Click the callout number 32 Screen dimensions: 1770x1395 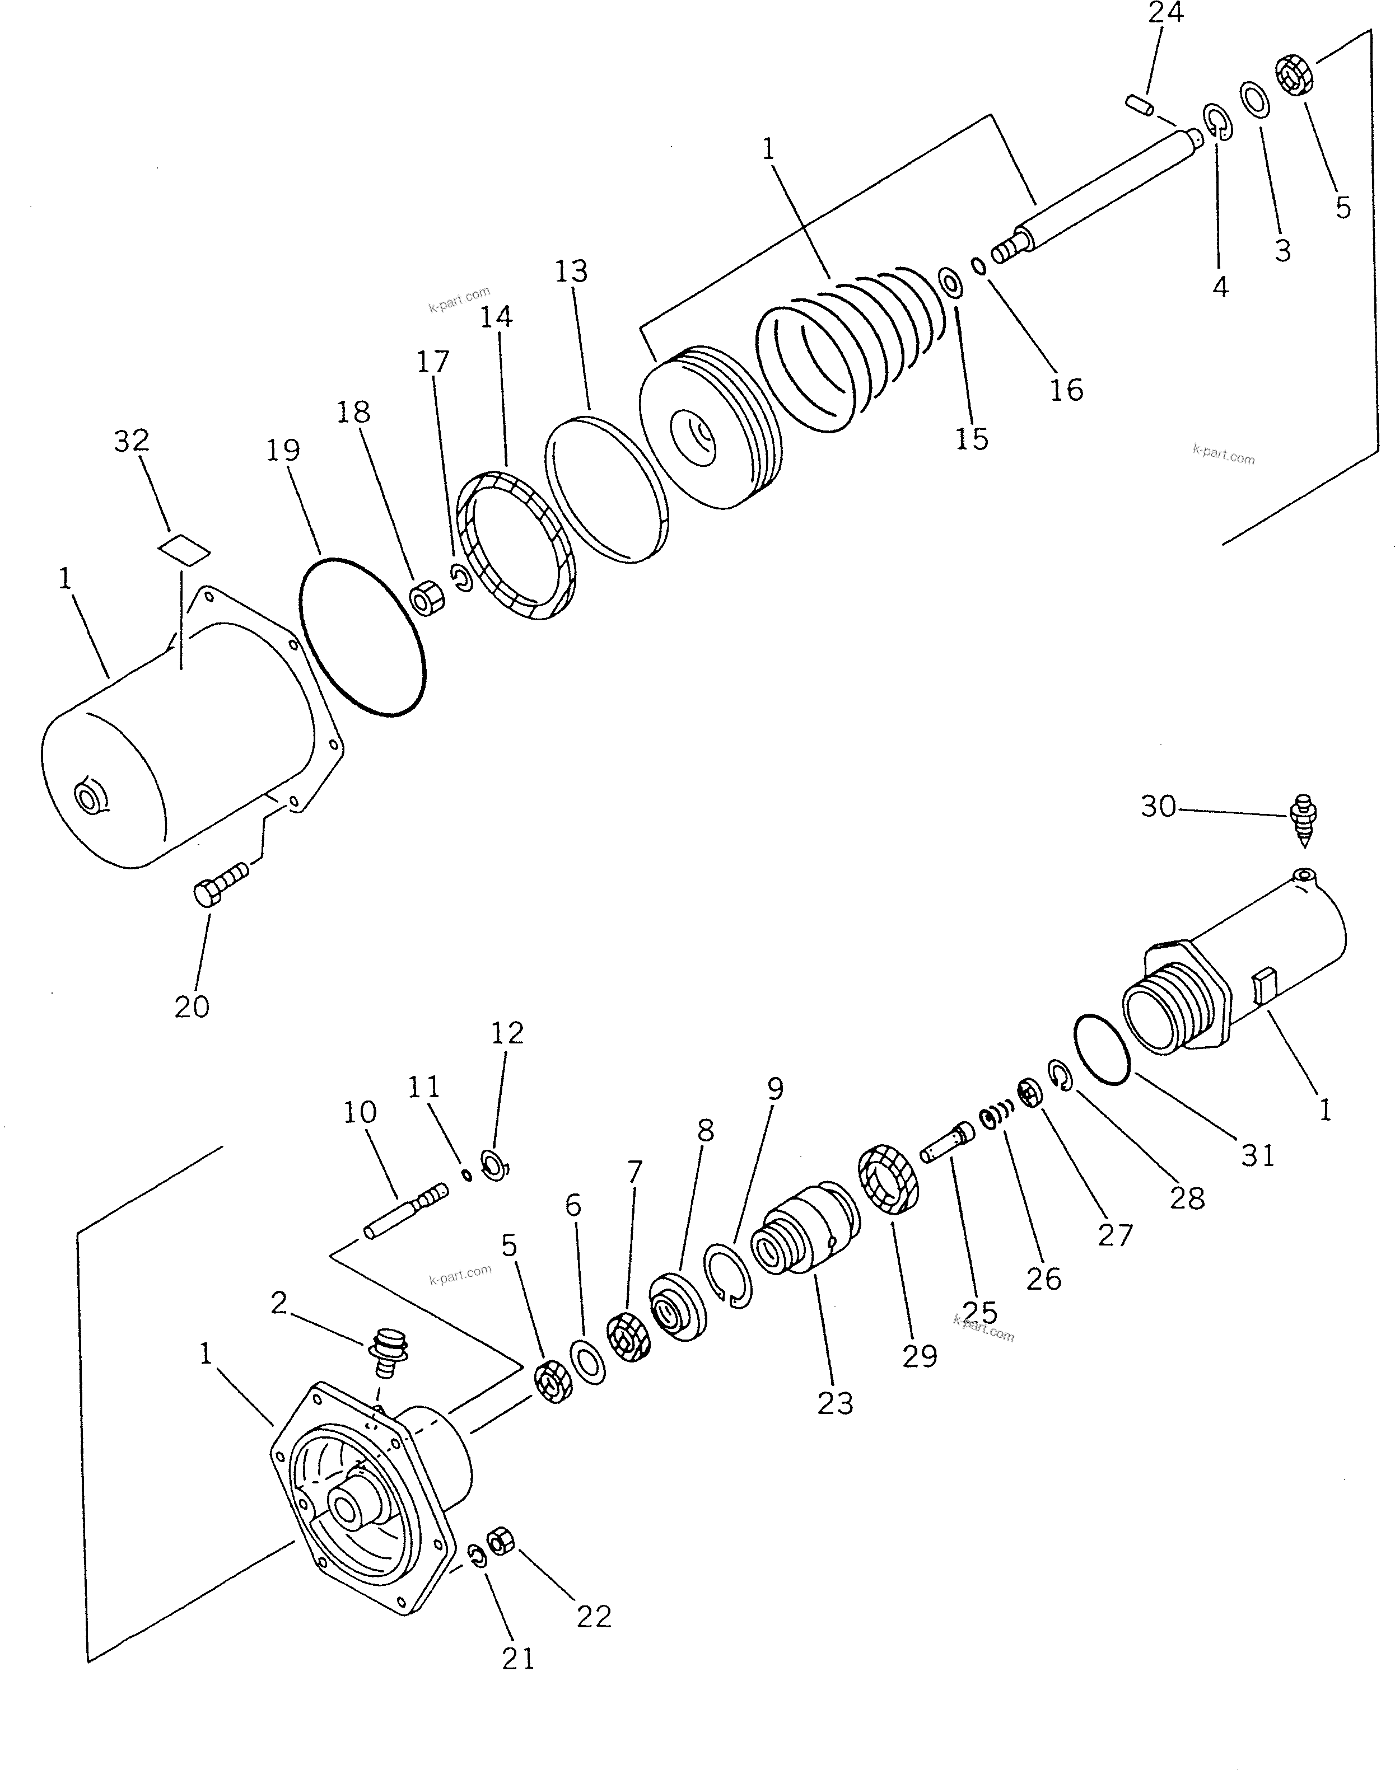132,441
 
